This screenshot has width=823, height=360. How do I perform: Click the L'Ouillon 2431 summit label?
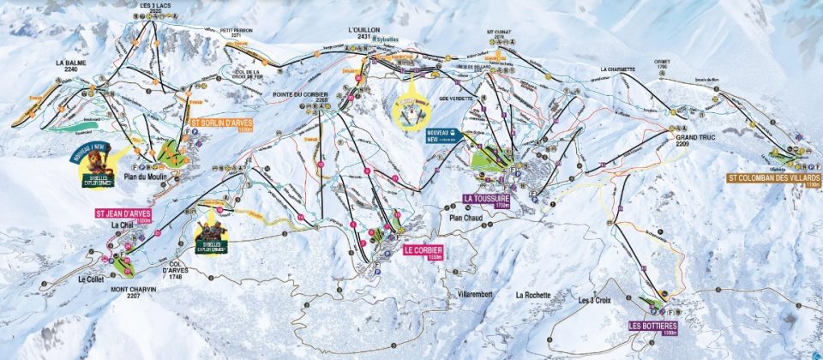click(363, 33)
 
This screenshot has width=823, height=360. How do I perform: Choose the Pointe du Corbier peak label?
click(311, 97)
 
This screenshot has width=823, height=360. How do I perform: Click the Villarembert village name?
click(482, 293)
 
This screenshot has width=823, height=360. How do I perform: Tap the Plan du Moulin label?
click(149, 177)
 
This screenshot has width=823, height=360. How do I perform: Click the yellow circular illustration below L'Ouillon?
click(411, 109)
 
